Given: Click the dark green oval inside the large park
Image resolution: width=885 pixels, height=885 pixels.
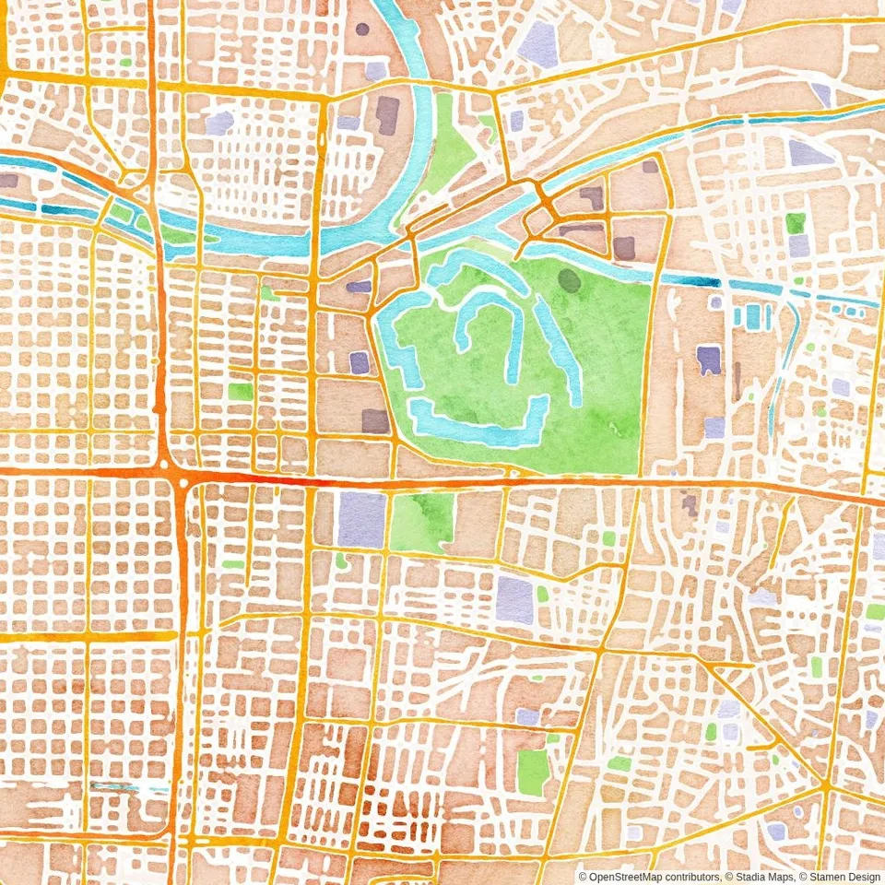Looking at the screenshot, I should (x=570, y=280).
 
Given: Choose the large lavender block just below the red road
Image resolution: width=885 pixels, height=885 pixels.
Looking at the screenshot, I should (x=361, y=520).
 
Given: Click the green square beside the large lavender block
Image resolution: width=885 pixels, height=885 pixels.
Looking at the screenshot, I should (x=421, y=523).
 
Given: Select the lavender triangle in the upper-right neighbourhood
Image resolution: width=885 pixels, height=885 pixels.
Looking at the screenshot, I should (x=808, y=153).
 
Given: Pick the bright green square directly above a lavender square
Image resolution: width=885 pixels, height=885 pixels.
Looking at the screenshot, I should (x=796, y=222).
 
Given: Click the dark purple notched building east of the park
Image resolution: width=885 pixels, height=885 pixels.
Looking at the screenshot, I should (x=708, y=360).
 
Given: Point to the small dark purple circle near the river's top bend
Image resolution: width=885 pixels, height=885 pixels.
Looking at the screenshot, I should (x=362, y=29).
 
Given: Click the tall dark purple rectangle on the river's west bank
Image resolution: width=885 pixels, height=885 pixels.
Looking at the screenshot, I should (x=387, y=115).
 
